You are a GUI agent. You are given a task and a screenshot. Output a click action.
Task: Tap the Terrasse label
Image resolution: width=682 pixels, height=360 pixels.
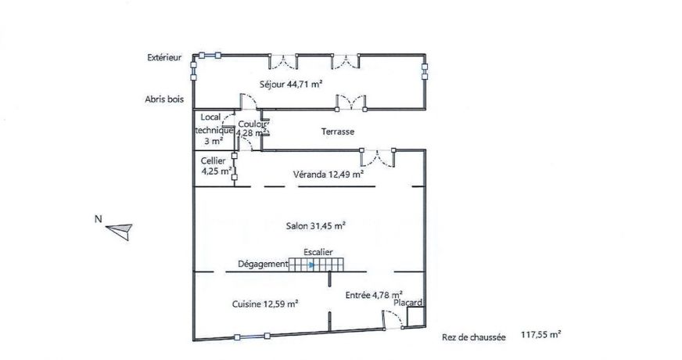338,132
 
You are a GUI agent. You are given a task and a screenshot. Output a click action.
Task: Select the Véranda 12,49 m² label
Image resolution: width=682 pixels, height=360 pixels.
328,175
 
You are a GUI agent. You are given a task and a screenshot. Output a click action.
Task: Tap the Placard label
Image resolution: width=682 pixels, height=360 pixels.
408,303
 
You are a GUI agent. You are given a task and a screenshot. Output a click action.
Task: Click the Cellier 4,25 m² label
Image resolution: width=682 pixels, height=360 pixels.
214,165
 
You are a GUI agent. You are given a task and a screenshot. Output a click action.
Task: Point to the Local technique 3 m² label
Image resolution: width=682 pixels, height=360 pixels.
212,129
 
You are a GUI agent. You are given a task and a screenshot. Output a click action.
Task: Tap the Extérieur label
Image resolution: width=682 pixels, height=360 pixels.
164,57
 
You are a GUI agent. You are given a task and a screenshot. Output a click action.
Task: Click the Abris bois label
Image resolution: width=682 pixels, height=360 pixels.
163,99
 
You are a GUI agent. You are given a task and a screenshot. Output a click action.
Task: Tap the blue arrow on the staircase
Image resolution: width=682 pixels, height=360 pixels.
311,265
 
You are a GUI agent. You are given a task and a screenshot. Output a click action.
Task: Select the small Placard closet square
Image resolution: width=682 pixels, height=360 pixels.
415,317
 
